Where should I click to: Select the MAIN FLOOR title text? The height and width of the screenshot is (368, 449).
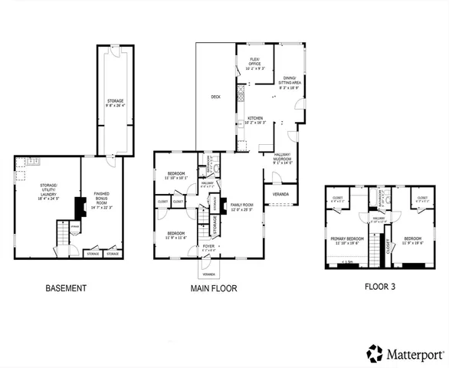[214, 289]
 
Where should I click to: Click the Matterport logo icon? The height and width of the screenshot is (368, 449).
[375, 353]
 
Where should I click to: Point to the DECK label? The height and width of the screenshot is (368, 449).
[216, 97]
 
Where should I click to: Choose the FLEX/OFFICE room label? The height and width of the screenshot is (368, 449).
[255, 62]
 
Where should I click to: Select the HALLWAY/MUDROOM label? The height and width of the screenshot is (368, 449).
[283, 159]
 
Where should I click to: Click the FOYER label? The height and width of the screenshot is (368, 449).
[208, 248]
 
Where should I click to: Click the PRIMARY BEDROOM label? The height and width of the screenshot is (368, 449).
[346, 240]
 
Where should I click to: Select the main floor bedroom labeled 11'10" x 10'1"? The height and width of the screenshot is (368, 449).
[176, 176]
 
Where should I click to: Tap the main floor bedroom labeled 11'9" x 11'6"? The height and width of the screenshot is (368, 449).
[175, 234]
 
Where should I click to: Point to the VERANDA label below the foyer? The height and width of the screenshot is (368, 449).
[207, 274]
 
